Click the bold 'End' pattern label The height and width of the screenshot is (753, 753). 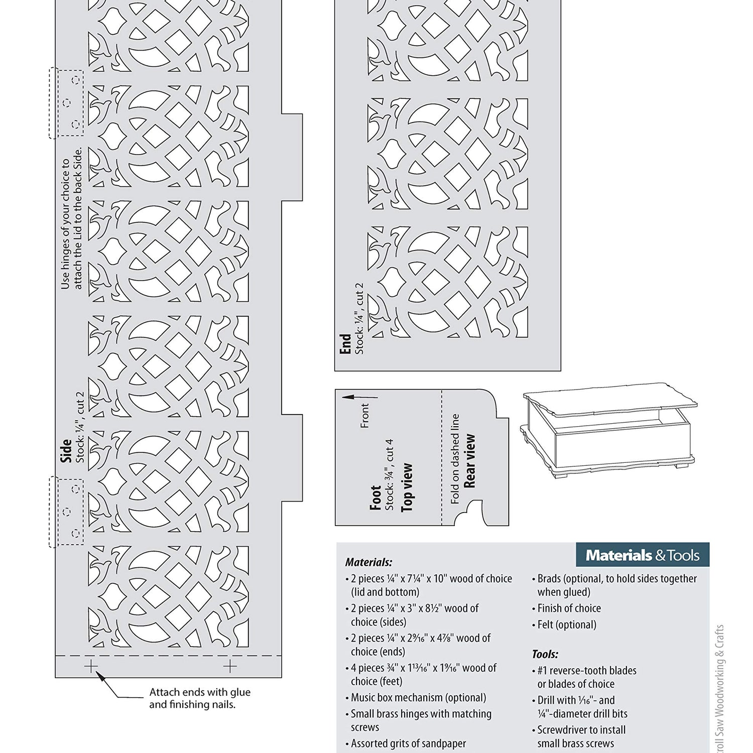(x=345, y=344)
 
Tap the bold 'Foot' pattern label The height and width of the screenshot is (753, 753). (x=375, y=497)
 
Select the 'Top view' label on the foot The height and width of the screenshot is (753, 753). (x=407, y=487)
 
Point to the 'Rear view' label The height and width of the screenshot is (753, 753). (x=470, y=461)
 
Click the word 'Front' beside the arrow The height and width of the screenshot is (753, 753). (x=365, y=416)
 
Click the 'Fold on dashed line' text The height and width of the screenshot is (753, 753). (x=455, y=458)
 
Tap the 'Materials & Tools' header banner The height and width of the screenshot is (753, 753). (x=642, y=555)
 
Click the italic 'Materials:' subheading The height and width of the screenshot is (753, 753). (x=368, y=562)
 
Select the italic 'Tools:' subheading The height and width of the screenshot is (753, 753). (x=545, y=654)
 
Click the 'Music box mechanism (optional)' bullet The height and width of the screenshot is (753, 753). (x=418, y=697)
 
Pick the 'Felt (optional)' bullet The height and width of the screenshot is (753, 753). (x=567, y=624)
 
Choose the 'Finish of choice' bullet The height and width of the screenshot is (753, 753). (x=569, y=608)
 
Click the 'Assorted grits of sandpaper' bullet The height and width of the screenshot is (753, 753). (x=408, y=743)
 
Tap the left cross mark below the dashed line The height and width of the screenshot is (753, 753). (x=91, y=667)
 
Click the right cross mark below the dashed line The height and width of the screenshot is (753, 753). (x=230, y=667)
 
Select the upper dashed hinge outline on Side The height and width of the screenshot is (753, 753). (x=66, y=103)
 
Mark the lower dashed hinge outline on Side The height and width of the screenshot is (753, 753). (x=66, y=511)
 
